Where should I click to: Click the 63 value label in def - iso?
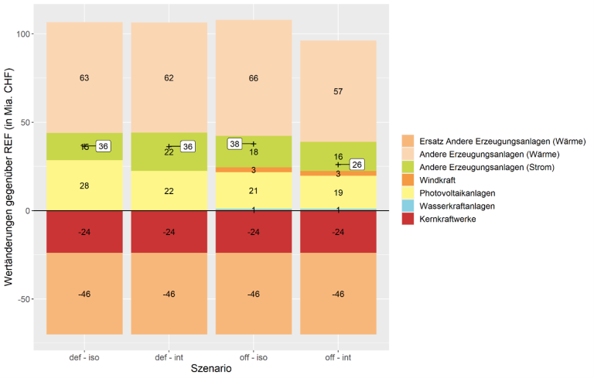[x=84, y=78]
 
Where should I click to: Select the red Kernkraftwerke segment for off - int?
[x=338, y=232]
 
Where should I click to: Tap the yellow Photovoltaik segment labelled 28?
[x=84, y=186]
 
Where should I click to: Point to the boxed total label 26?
[x=357, y=165]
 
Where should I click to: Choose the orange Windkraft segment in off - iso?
[x=254, y=169]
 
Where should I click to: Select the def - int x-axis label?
[x=169, y=357]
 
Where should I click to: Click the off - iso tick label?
[x=254, y=357]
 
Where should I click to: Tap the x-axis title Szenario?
[x=210, y=369]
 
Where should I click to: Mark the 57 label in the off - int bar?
[x=338, y=91]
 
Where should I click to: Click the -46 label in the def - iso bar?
[x=84, y=295]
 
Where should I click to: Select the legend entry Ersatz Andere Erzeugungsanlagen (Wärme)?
[x=502, y=141]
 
